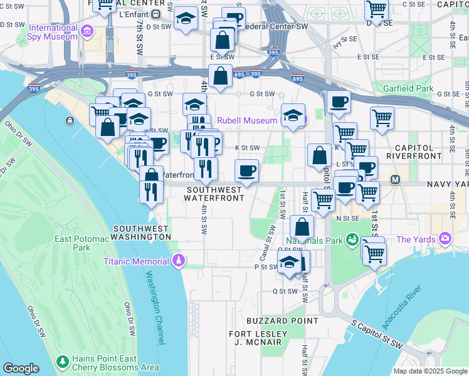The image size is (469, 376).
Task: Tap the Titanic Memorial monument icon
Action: [x=180, y=260]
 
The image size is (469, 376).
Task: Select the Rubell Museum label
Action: [x=247, y=120]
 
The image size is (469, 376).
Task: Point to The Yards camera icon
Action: [x=445, y=239]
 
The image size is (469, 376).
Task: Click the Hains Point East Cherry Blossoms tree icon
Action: [x=62, y=362]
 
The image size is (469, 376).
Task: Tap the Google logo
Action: [x=21, y=368]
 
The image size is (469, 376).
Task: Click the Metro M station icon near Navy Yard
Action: [x=396, y=180]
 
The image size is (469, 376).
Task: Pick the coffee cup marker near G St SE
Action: [x=339, y=102]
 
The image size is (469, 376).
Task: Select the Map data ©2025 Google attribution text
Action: [x=430, y=371]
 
